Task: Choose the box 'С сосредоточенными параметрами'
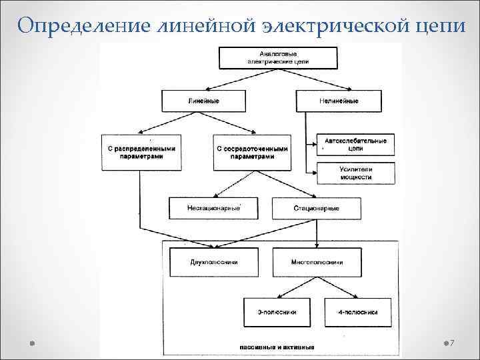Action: [x=252, y=152]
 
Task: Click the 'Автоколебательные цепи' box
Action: [x=355, y=145]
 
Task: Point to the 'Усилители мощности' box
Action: [x=355, y=173]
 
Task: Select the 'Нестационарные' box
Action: [x=213, y=208]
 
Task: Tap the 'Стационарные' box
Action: [x=316, y=208]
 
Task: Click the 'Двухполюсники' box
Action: [x=213, y=262]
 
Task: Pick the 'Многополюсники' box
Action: [x=317, y=262]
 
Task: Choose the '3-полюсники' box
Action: [x=277, y=311]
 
